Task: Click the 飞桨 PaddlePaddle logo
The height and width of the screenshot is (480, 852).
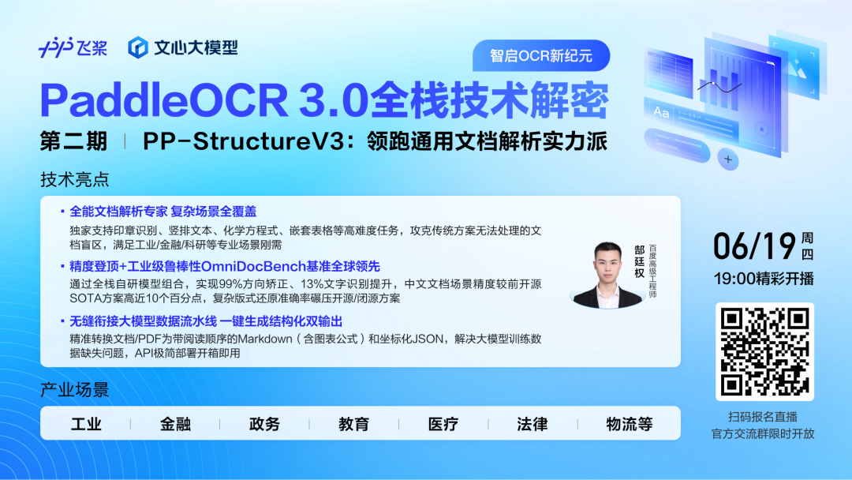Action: (73, 48)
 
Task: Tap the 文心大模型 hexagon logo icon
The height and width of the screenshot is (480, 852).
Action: (138, 48)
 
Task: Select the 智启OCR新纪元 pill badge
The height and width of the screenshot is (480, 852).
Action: (541, 55)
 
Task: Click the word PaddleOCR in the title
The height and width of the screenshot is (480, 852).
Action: (164, 100)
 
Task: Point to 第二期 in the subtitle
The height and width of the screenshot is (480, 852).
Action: (73, 141)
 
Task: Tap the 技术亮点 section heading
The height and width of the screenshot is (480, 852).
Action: (74, 179)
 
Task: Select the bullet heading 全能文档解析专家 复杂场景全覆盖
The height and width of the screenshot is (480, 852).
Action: (163, 212)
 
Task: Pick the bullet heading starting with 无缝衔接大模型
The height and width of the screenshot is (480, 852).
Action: (206, 321)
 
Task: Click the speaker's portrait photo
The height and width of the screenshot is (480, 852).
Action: (607, 275)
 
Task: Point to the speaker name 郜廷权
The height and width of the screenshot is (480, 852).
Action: (640, 261)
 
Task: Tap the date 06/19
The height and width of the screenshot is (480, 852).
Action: (755, 246)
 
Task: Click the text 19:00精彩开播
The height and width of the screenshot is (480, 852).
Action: (764, 279)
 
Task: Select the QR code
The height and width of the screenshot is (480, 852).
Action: (764, 351)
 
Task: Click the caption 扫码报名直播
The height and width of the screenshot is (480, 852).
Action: (763, 417)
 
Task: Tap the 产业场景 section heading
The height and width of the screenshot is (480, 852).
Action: (74, 390)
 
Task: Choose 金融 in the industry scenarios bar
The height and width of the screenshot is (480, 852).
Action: (175, 424)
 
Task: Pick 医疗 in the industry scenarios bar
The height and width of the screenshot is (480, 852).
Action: (443, 424)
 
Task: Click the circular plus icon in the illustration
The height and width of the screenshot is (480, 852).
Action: (728, 159)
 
